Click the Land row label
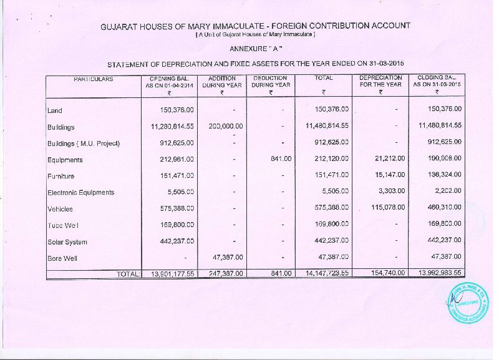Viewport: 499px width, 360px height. [x=55, y=110]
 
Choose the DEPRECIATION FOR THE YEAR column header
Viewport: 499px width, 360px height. [x=380, y=82]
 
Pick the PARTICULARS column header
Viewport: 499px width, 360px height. [x=94, y=79]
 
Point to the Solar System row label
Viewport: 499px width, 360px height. [x=67, y=242]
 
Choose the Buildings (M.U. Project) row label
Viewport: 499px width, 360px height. [x=84, y=144]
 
